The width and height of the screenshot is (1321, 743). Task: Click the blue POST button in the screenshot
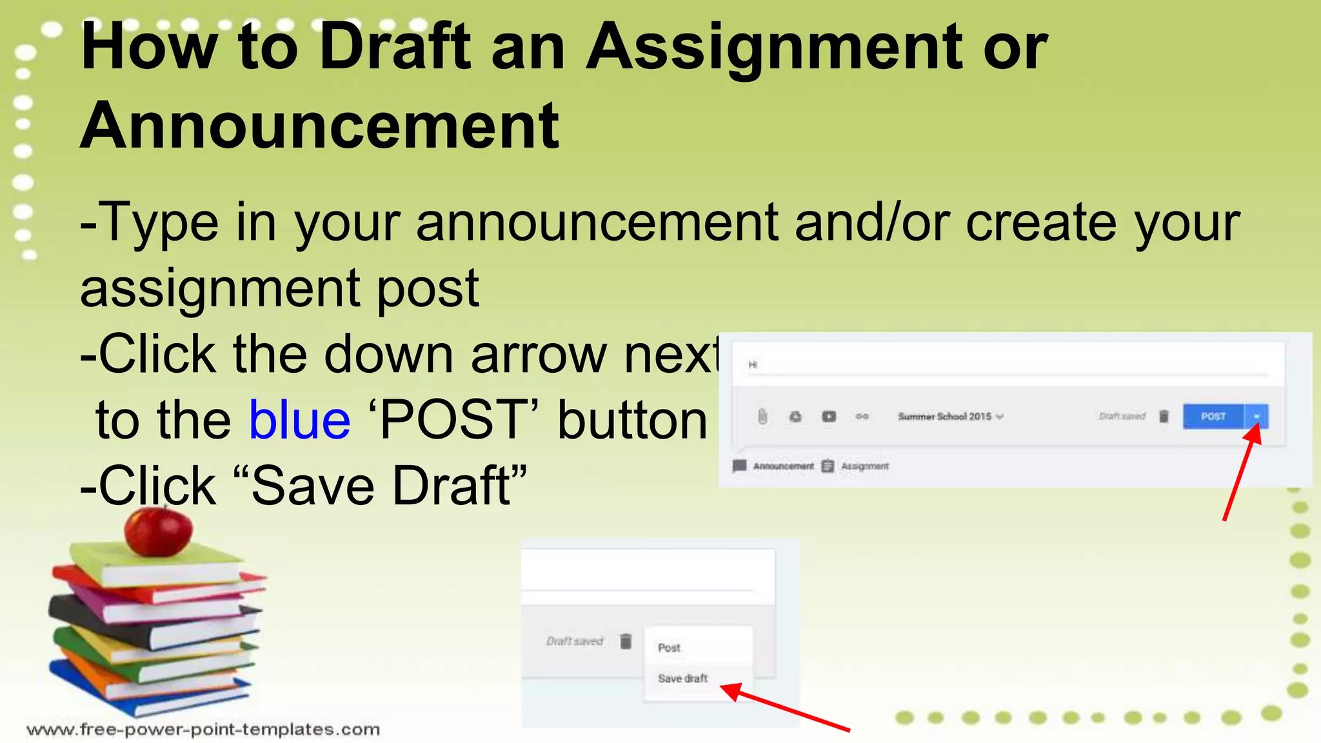[x=1213, y=417]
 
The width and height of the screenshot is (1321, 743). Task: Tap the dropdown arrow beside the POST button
[x=1256, y=417]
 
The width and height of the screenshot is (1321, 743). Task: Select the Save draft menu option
[x=682, y=679]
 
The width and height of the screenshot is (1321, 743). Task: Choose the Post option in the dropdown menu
[x=669, y=648]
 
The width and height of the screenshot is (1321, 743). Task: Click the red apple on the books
[x=158, y=531]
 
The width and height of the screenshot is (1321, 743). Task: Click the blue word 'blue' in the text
[x=300, y=420]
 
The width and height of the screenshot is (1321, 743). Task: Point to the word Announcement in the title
[x=319, y=126]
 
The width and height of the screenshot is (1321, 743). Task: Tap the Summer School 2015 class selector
[x=950, y=417]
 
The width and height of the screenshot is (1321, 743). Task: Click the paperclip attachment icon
[x=762, y=417]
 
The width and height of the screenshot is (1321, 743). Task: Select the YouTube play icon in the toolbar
[x=829, y=417]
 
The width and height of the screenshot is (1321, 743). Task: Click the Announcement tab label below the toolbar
[x=782, y=466]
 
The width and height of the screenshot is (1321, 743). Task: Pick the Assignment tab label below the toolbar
[x=864, y=466]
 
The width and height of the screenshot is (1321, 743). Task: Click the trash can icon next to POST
[x=1164, y=417]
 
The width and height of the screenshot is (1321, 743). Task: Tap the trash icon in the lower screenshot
[x=626, y=641]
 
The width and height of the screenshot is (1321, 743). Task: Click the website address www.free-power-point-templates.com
[x=203, y=729]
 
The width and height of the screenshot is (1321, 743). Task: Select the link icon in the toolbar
[x=862, y=417]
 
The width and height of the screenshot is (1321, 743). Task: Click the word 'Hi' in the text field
[x=753, y=365]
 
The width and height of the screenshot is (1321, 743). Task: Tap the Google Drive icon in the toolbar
[x=795, y=417]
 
